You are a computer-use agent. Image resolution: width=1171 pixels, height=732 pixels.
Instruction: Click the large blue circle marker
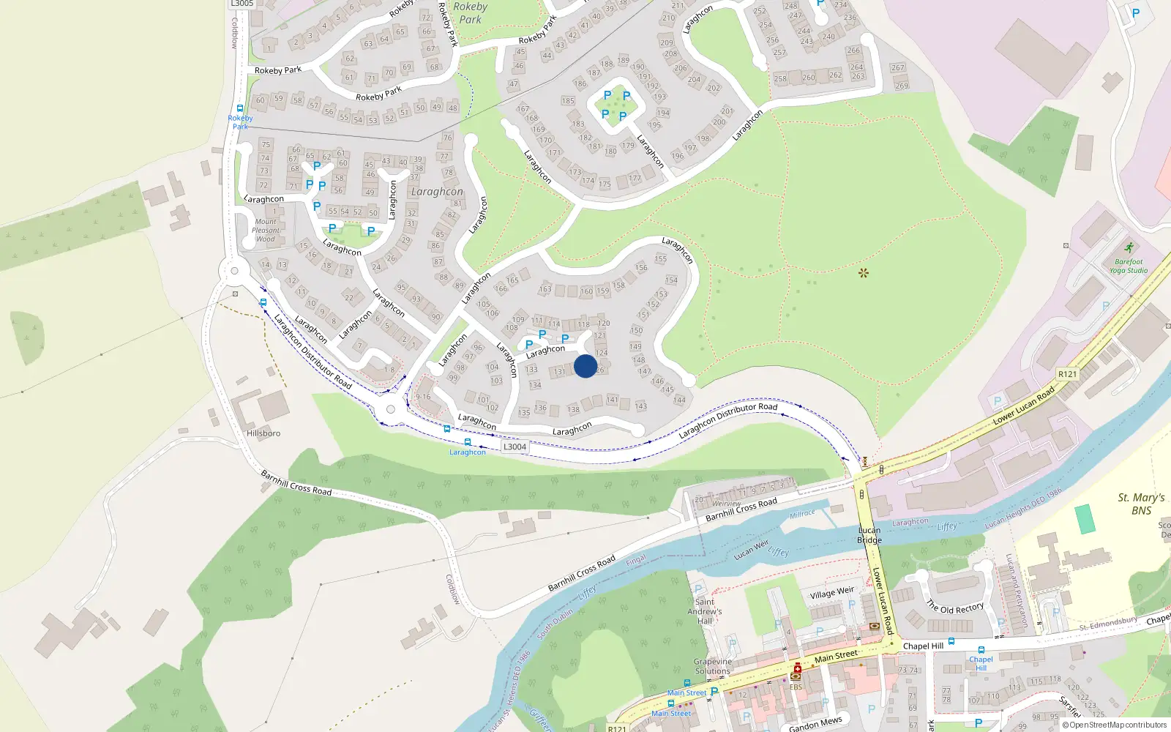[x=585, y=366]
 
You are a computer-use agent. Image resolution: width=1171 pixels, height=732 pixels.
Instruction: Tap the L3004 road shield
[x=515, y=447]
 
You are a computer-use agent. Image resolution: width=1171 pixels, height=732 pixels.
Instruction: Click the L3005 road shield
[x=242, y=4]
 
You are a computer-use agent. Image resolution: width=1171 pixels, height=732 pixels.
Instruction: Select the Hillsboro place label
[x=263, y=433]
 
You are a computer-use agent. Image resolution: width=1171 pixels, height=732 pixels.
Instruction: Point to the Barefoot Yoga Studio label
[x=1128, y=266]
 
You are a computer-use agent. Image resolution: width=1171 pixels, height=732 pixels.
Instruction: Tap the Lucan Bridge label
[x=869, y=535]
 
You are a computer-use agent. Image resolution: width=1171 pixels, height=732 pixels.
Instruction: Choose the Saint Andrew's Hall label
[x=704, y=611]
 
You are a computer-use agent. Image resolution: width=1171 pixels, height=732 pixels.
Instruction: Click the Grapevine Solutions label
[x=712, y=666]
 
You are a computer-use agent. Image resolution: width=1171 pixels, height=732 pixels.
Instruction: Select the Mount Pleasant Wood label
[x=266, y=230]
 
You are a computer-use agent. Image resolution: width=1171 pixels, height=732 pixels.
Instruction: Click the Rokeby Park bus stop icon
[x=240, y=108]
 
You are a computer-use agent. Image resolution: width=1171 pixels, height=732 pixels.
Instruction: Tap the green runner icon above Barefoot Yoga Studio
[x=1129, y=247]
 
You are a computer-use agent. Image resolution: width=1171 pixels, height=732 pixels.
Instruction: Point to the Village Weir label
[x=831, y=593]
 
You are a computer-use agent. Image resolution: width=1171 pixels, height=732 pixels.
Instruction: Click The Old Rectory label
[x=955, y=608]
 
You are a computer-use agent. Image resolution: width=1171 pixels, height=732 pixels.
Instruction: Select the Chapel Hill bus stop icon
[x=981, y=649]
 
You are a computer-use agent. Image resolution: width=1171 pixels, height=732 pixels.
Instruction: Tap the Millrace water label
[x=802, y=515]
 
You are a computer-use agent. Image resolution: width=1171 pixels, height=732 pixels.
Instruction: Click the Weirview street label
[x=726, y=504]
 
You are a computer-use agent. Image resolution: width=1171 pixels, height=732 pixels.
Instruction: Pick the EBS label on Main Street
[x=796, y=687]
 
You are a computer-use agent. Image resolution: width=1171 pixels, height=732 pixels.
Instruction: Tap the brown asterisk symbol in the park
[x=864, y=273]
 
